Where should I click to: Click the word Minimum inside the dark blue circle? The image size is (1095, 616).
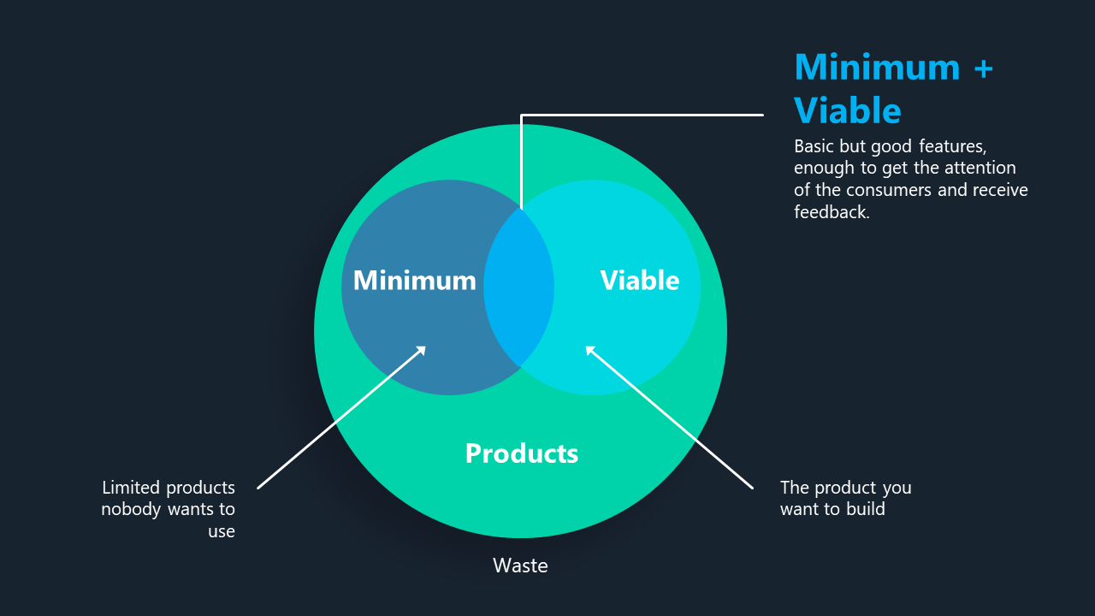pos(415,280)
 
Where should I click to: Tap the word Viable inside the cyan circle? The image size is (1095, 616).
pos(640,280)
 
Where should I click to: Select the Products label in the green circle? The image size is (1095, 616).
pos(522,453)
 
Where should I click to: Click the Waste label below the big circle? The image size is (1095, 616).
pos(520,566)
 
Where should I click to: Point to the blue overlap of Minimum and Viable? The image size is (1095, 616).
pos(519,287)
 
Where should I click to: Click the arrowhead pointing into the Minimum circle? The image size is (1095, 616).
pos(421,351)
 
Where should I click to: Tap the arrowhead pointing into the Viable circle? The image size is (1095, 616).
pos(590,351)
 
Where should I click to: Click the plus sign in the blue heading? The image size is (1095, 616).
pos(983,68)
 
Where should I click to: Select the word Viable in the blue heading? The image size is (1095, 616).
pos(848,110)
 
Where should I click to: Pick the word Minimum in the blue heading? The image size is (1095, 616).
pos(878,67)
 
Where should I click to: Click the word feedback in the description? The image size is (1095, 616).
pos(832,212)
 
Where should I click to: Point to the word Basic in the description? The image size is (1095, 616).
pos(814,146)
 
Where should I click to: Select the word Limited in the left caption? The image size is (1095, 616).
pos(131,488)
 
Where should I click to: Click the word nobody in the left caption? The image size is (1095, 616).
pos(131,509)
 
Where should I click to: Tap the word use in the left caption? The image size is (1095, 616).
pos(222,531)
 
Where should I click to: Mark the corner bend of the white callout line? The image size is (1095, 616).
pos(522,115)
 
